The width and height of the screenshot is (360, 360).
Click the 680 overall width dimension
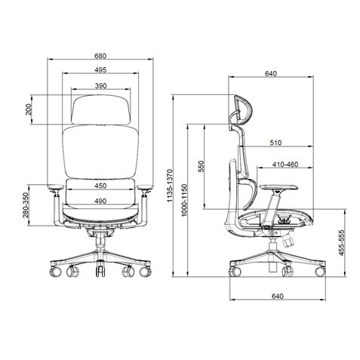(x=100, y=56)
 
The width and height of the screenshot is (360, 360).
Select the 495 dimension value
(x=100, y=70)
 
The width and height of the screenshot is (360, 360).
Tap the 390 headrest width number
(x=100, y=86)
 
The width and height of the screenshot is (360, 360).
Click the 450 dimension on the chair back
(x=100, y=186)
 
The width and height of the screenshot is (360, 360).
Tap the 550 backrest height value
(x=201, y=168)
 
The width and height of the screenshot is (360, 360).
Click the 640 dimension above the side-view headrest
(x=270, y=74)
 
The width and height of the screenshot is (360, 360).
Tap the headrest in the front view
(x=100, y=107)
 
